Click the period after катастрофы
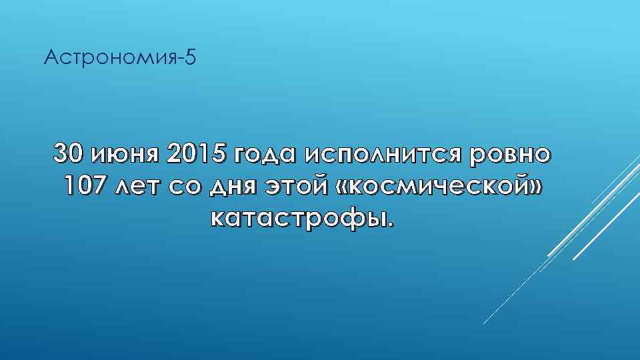[x=391, y=223]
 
